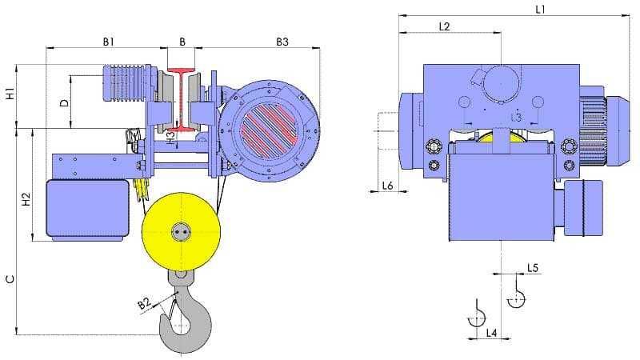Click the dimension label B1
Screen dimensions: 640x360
tap(108, 42)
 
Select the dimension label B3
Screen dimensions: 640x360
tap(282, 42)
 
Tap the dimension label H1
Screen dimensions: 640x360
tap(10, 94)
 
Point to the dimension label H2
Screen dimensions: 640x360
tap(26, 199)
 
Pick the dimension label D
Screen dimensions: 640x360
tap(65, 103)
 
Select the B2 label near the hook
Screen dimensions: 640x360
tap(144, 303)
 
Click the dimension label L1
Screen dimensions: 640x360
tap(540, 10)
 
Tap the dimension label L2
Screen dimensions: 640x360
tap(444, 27)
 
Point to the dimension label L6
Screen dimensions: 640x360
tap(387, 186)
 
